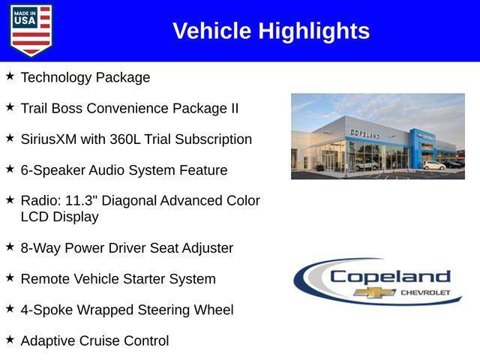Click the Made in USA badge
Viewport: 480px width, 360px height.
[31, 30]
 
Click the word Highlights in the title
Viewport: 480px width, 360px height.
[313, 31]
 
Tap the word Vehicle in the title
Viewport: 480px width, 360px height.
[212, 31]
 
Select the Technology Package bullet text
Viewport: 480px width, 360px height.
[85, 77]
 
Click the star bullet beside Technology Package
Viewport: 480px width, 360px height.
[10, 76]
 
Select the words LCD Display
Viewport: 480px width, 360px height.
[59, 217]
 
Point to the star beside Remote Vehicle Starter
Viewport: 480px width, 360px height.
[10, 277]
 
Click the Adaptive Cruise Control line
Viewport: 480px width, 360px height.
[94, 341]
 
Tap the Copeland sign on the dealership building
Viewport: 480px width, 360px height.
[364, 133]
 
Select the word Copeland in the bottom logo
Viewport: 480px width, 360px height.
[390, 276]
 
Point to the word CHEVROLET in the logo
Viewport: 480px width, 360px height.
[425, 292]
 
